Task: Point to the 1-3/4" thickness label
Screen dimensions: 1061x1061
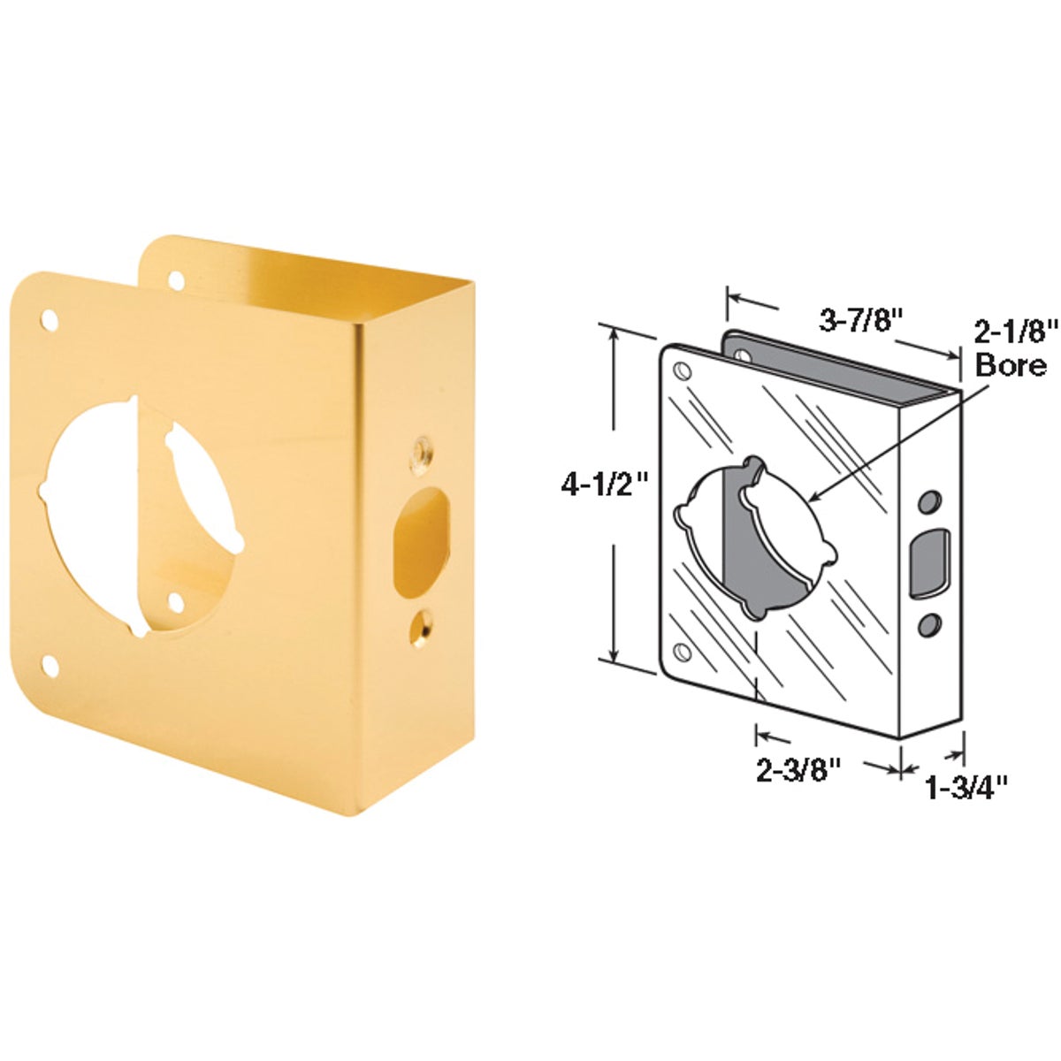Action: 966,785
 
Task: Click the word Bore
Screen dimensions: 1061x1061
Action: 1011,364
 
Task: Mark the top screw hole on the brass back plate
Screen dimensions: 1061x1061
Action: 177,280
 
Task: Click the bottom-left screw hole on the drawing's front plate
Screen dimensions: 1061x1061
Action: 684,652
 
